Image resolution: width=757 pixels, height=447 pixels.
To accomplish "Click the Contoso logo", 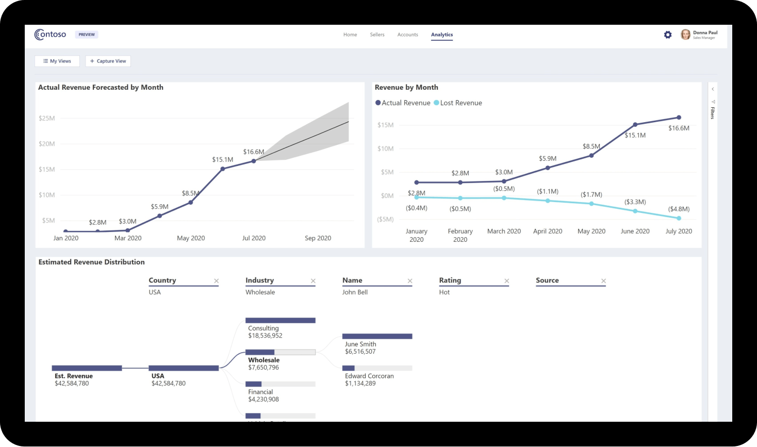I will (50, 35).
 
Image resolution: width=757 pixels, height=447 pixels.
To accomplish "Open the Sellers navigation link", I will (377, 35).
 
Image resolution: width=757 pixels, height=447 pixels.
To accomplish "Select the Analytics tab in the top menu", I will (442, 35).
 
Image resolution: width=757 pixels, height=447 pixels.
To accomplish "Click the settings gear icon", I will (668, 35).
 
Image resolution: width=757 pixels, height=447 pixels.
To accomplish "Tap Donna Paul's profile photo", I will (685, 35).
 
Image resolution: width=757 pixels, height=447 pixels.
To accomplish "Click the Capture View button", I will (108, 61).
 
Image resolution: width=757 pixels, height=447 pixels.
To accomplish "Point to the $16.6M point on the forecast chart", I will (254, 161).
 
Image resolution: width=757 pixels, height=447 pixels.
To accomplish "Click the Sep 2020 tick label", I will (318, 238).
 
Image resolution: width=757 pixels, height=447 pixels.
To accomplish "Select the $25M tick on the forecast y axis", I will (46, 118).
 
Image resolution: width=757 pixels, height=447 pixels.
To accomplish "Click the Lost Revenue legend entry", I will (458, 103).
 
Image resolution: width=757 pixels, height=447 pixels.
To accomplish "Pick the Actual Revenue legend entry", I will (403, 103).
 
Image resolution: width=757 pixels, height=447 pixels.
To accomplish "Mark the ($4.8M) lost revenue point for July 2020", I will (679, 218).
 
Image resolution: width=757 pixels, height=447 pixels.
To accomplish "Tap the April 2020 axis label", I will (548, 231).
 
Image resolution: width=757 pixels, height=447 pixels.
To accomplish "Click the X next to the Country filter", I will (217, 281).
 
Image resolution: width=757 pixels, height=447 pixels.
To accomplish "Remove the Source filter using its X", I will (603, 281).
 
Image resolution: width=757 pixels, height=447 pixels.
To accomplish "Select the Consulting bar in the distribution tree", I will (280, 321).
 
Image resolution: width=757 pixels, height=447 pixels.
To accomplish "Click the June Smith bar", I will (377, 337).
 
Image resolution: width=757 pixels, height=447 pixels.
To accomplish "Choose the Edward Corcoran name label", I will (369, 376).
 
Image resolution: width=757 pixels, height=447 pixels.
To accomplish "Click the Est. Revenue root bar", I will (87, 368).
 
